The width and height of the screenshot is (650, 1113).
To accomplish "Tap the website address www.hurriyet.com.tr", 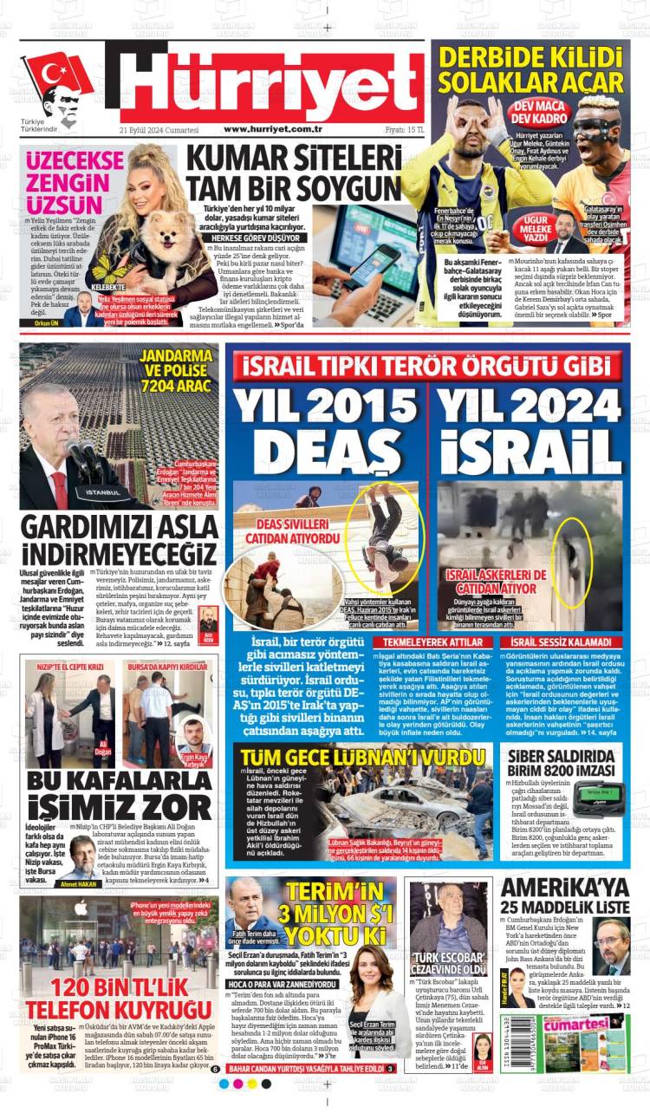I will pos(273,129).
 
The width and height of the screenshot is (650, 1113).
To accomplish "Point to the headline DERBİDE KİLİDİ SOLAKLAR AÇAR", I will pos(529,70).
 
